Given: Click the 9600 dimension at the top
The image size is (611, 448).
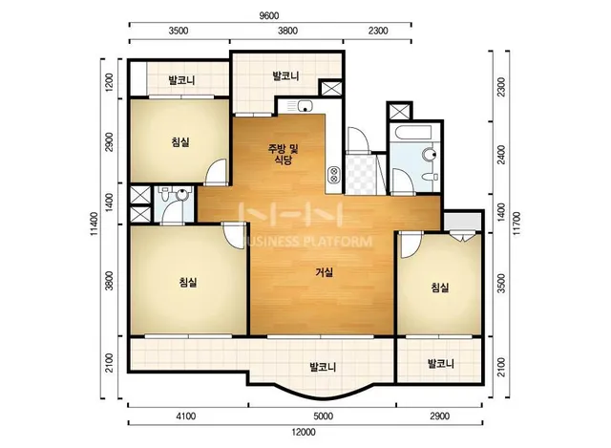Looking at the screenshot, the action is (x=269, y=15).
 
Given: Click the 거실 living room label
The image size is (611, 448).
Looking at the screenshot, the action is (x=325, y=272).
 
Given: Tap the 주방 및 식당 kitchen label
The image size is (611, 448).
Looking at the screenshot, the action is (x=283, y=155).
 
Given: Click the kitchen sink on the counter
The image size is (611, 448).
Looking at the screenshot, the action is (x=305, y=106).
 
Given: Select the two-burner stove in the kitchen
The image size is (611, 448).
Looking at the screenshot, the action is (x=334, y=175).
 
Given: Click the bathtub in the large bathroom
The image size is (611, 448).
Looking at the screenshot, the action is (x=412, y=132).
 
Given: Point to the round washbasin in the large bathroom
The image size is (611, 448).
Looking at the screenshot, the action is (x=431, y=155).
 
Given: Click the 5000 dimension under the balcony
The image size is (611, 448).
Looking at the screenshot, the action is (x=324, y=416).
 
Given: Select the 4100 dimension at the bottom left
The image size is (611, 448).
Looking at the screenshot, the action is (x=186, y=416).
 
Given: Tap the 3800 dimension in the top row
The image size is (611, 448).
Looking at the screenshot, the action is (x=288, y=31).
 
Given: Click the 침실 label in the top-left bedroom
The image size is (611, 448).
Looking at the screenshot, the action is (x=180, y=142).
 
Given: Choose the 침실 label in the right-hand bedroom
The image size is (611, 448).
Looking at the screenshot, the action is (x=440, y=288).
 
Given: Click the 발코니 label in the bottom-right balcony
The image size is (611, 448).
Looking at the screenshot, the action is (x=441, y=364).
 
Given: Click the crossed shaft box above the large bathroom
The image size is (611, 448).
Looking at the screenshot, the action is (x=399, y=111).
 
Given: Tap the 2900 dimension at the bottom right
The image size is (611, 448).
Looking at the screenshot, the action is (x=440, y=416).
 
